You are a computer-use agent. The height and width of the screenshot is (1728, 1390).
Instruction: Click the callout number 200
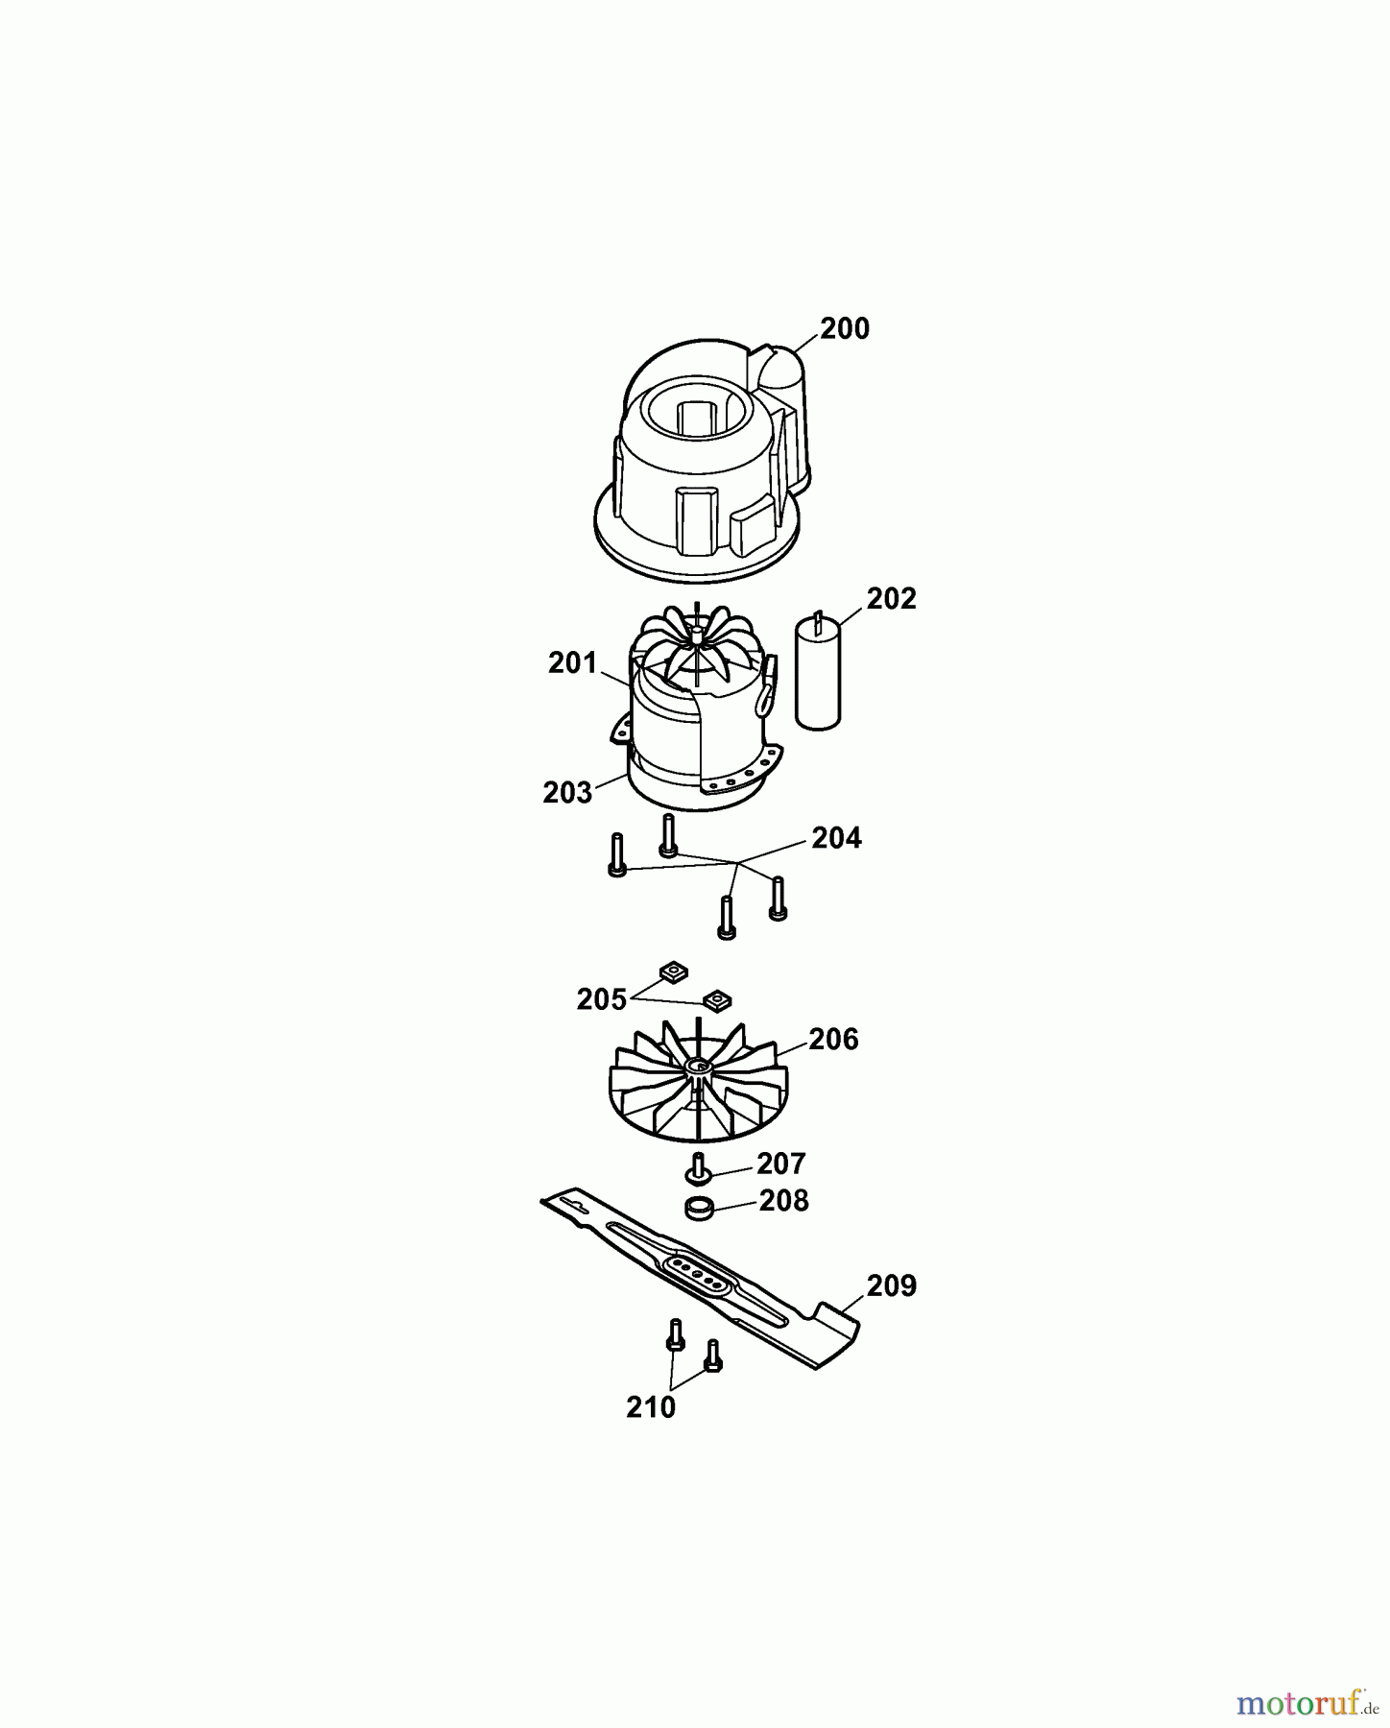(x=844, y=329)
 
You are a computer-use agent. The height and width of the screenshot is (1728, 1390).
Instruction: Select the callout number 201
(x=572, y=663)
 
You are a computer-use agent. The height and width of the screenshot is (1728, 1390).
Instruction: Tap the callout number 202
(x=891, y=599)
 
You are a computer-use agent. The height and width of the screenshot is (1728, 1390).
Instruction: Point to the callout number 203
(x=566, y=794)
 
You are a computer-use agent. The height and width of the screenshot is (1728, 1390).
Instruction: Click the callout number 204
(x=836, y=839)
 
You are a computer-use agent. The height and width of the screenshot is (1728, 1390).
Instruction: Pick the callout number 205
(x=601, y=1000)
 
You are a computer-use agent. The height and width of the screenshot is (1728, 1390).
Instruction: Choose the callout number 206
(x=833, y=1040)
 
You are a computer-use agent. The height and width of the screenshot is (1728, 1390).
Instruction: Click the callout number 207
(x=780, y=1164)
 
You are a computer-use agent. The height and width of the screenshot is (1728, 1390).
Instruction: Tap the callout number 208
(x=783, y=1201)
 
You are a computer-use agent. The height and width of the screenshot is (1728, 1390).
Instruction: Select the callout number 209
(x=891, y=1286)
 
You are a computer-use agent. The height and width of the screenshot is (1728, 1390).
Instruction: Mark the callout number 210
(x=651, y=1408)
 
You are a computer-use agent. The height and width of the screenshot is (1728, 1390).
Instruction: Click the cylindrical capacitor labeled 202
(x=818, y=674)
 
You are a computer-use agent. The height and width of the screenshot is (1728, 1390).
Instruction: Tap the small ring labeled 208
(x=701, y=1209)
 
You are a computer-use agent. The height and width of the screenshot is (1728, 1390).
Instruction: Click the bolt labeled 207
(x=698, y=1170)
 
